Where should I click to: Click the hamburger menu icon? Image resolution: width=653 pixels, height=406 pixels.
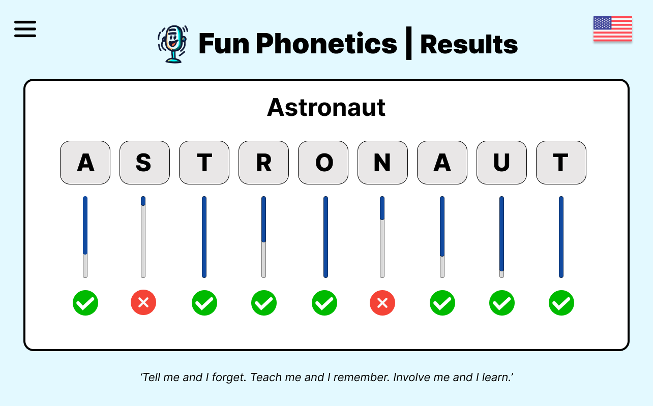tap(25, 29)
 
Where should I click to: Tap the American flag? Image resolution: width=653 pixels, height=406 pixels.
tap(612, 28)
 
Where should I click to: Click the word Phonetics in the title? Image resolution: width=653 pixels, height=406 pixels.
tap(326, 44)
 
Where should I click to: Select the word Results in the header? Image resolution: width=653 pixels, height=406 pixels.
tap(469, 45)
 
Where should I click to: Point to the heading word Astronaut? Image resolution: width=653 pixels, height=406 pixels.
tap(326, 107)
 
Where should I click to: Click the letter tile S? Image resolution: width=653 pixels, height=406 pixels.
tap(144, 163)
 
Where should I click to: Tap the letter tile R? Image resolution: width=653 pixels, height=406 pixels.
tap(263, 163)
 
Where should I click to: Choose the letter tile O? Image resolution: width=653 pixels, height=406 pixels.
tap(323, 163)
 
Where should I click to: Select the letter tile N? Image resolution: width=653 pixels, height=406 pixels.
tap(382, 163)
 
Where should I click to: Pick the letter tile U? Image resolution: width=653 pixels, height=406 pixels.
tap(501, 163)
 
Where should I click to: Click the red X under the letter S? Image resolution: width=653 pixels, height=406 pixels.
tap(143, 303)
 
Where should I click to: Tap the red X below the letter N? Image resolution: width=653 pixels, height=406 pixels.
tap(382, 303)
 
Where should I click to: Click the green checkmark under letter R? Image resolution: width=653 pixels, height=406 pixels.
tap(264, 303)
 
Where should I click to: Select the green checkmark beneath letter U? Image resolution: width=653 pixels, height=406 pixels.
tap(502, 303)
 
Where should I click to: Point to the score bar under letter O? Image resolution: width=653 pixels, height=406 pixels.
tap(325, 237)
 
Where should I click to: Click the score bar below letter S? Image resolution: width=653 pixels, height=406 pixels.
tap(143, 237)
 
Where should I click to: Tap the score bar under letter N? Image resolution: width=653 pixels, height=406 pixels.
tap(382, 237)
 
